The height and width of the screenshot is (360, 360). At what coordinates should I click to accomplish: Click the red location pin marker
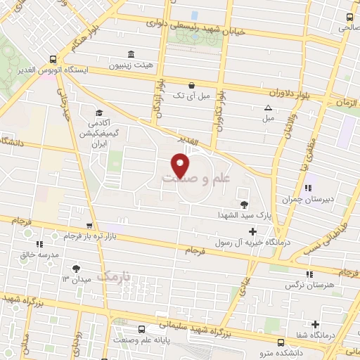(x=181, y=165)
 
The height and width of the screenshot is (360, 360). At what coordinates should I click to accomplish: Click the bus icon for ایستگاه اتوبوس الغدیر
(x=53, y=60)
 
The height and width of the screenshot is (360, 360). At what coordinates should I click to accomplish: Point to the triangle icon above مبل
(x=268, y=108)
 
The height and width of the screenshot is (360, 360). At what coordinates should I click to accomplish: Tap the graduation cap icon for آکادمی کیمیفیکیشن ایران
(x=99, y=113)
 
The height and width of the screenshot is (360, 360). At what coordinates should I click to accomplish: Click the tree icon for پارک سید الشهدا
(x=243, y=205)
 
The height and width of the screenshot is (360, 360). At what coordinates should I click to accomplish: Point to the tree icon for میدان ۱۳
(x=76, y=268)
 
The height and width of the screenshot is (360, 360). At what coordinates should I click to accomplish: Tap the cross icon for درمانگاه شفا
(x=316, y=324)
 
